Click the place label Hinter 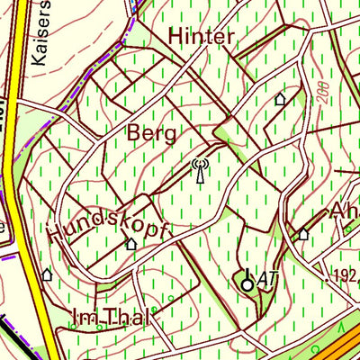click(x=201, y=36)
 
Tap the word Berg click(x=150, y=133)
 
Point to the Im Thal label click(x=112, y=316)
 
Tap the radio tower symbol click(x=200, y=170)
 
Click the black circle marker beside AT click(x=247, y=284)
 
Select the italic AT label click(x=266, y=280)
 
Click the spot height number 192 click(x=346, y=275)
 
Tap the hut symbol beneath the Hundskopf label click(x=131, y=243)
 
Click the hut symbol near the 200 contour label click(x=280, y=99)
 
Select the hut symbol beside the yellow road click(x=47, y=273)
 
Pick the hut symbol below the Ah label click(x=303, y=234)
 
